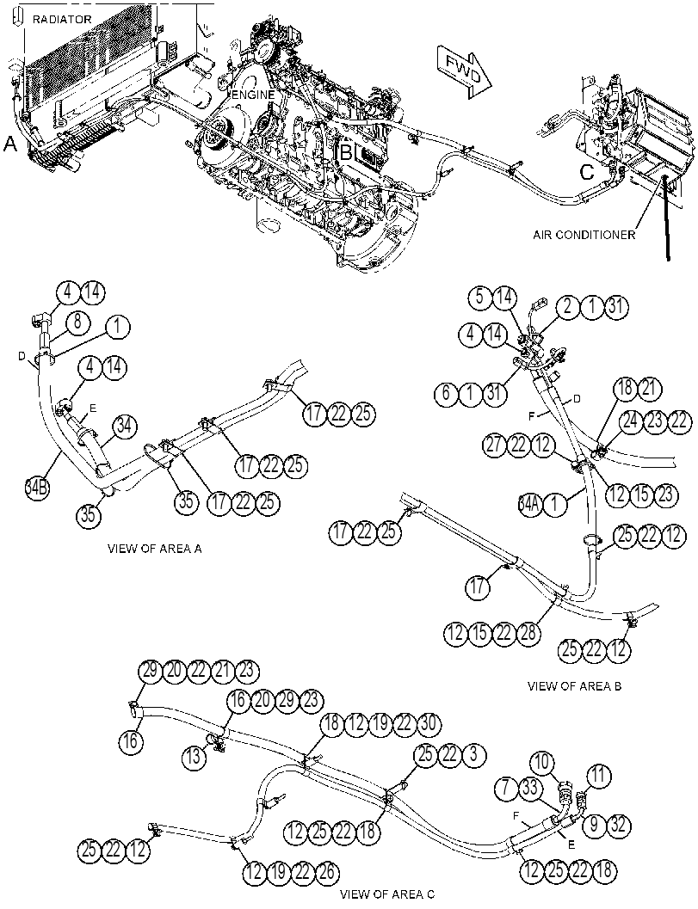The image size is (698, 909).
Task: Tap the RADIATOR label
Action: point(62,19)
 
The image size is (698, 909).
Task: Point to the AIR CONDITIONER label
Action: point(584,235)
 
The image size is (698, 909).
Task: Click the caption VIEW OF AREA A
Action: point(154,548)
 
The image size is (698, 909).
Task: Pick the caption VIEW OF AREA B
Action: point(574,685)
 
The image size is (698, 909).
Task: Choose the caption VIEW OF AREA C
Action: point(387,894)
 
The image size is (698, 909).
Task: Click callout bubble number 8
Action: point(77,322)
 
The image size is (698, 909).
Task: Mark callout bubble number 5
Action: point(480,298)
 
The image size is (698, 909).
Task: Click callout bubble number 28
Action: point(528,632)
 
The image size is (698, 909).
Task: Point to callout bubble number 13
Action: point(193,755)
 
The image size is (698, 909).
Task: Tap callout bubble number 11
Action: point(598,775)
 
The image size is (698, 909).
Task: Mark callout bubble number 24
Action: point(631,421)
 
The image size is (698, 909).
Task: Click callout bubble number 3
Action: point(473,755)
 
